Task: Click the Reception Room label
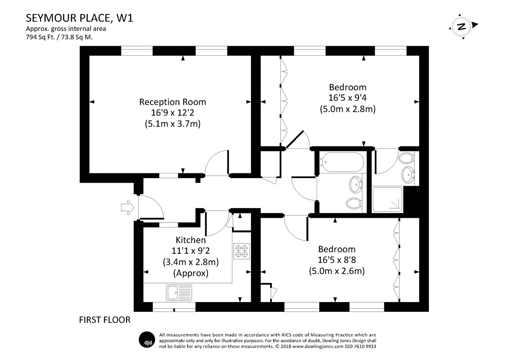pos(173,102)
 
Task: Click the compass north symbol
pos(462,26)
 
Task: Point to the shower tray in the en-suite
pos(387,200)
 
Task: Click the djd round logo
pos(146,340)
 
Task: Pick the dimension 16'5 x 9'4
pos(348,98)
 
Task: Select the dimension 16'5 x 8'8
pos(337,260)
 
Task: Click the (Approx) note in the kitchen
pos(190,273)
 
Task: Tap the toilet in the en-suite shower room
pos(406,159)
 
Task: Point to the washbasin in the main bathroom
pos(355,184)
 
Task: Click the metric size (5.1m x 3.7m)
pos(173,124)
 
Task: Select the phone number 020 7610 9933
pos(358,346)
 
